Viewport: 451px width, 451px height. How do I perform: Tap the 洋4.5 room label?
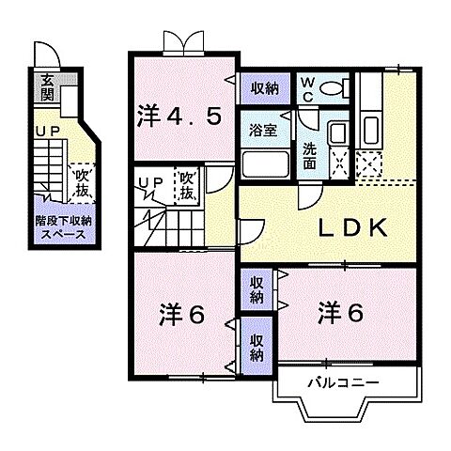pyautogui.click(x=181, y=117)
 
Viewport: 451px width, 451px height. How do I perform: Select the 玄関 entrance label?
pyautogui.click(x=45, y=89)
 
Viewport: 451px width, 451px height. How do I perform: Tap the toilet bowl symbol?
pyautogui.click(x=333, y=89)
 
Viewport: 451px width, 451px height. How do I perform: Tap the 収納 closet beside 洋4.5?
pyautogui.click(x=264, y=88)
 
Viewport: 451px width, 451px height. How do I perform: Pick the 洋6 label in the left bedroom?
pyautogui.click(x=180, y=313)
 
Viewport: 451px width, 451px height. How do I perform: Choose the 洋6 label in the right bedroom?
pyautogui.click(x=339, y=311)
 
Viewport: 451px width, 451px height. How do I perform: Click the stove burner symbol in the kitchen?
pyautogui.click(x=369, y=165)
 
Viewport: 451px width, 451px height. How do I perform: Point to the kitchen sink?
pyautogui.click(x=369, y=129)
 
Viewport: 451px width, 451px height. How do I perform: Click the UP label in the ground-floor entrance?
pyautogui.click(x=47, y=133)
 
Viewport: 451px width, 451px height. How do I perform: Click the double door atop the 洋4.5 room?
pyautogui.click(x=181, y=42)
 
